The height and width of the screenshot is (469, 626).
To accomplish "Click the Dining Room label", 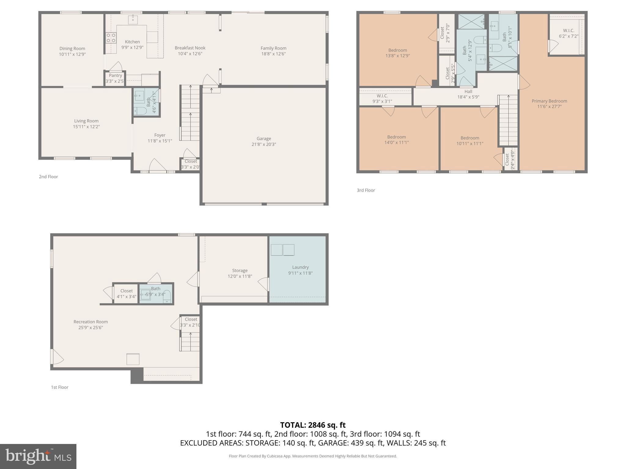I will (x=72, y=49).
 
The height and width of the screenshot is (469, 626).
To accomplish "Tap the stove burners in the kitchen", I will (x=111, y=38).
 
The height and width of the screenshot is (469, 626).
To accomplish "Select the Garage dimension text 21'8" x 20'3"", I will (x=263, y=144).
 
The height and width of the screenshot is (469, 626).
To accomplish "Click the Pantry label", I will (x=115, y=75).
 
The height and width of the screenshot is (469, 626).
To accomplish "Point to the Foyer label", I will (x=160, y=135).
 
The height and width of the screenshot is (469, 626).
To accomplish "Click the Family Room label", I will (x=273, y=48).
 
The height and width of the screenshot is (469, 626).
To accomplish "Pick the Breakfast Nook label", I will (x=190, y=48).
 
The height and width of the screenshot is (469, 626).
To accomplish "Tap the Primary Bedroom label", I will (x=549, y=101).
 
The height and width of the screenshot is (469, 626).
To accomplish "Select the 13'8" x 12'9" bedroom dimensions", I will (x=397, y=56).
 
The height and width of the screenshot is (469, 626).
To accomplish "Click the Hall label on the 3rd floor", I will (x=468, y=91).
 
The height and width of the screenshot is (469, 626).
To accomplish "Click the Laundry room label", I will (x=300, y=267).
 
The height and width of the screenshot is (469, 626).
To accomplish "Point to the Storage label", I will (x=240, y=271).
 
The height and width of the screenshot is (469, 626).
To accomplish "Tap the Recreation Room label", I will (x=90, y=322).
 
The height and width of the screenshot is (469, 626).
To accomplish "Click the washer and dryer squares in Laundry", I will (x=282, y=250).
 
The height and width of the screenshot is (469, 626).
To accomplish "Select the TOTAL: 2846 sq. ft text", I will (x=313, y=425).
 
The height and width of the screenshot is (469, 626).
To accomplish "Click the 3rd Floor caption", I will (x=366, y=190).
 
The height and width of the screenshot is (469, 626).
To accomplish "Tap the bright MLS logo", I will (x=38, y=456).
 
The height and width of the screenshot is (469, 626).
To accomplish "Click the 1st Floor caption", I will (x=60, y=387).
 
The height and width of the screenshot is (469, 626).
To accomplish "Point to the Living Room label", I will (x=86, y=121).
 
